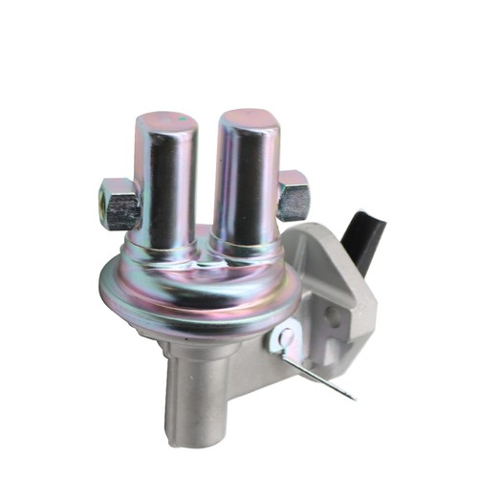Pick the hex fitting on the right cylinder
(x=293, y=195)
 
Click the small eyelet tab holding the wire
(x=283, y=337)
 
